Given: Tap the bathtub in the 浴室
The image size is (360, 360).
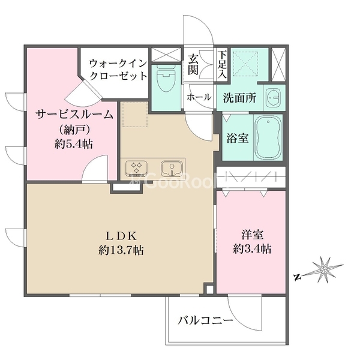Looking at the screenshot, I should click(268, 137).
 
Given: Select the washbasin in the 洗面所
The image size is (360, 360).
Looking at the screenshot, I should click(272, 98).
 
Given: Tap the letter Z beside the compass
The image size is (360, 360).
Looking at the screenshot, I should click(297, 277).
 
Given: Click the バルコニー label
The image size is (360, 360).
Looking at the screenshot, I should click(205, 322).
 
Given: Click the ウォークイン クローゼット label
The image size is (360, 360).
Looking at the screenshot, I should click(118, 69).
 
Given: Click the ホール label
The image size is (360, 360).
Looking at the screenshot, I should click(199, 97).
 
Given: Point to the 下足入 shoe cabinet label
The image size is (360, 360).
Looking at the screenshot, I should click(222, 65).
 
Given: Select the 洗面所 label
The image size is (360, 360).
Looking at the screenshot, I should click(239, 97).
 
